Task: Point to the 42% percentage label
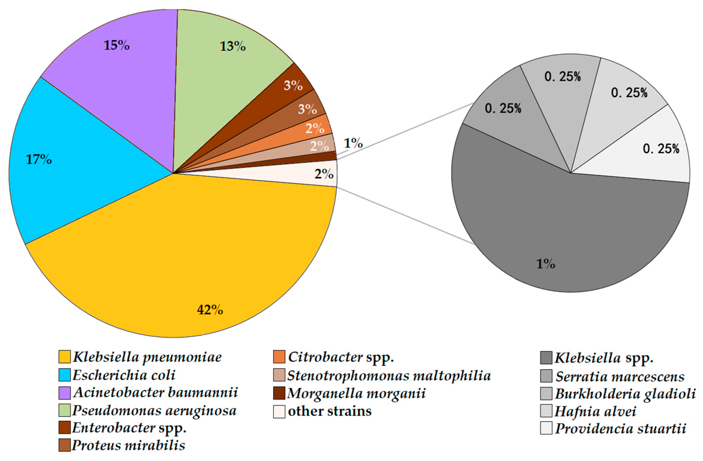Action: pyautogui.click(x=210, y=310)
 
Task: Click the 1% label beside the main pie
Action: pyautogui.click(x=353, y=143)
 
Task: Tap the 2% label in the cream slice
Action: pyautogui.click(x=324, y=174)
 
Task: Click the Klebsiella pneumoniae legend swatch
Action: pyautogui.click(x=64, y=357)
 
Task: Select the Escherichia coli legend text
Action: pyautogui.click(x=124, y=375)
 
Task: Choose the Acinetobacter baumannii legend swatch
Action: pyautogui.click(x=64, y=393)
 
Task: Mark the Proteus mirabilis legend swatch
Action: pyautogui.click(x=64, y=445)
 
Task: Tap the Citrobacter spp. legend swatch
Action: pyautogui.click(x=279, y=357)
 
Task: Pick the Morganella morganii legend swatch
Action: pyautogui.click(x=279, y=393)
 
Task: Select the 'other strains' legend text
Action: pyautogui.click(x=330, y=411)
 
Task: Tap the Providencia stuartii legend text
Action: pyautogui.click(x=620, y=429)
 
